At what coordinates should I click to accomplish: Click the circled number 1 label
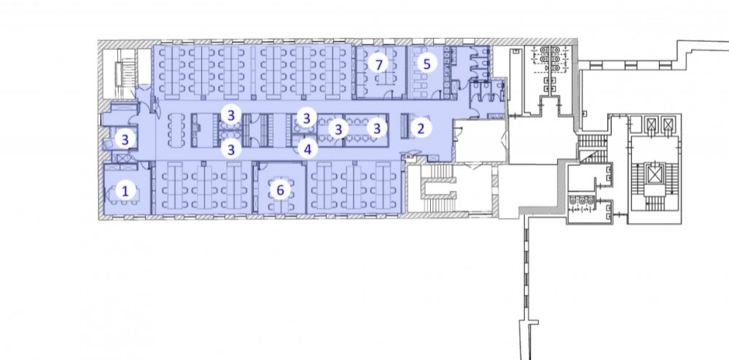tap(125, 190)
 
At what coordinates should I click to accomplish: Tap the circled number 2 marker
tap(421, 128)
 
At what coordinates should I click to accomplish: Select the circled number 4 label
tap(308, 149)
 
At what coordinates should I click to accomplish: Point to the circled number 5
tap(426, 63)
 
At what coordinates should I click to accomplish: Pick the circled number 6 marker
tap(280, 190)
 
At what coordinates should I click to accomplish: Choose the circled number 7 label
tap(379, 64)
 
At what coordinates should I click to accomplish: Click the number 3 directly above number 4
tap(306, 119)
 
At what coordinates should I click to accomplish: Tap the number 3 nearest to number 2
tap(377, 128)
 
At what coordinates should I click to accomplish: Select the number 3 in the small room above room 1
tap(125, 139)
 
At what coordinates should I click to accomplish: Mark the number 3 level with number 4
tap(230, 149)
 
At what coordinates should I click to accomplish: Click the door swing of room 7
tap(399, 95)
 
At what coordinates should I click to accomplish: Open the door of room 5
tap(437, 95)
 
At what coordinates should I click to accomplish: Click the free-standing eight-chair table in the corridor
tap(176, 130)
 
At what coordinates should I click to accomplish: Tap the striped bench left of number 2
tap(405, 126)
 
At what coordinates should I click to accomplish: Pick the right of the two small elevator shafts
tap(668, 124)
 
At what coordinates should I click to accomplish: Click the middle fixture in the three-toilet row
tap(582, 200)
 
